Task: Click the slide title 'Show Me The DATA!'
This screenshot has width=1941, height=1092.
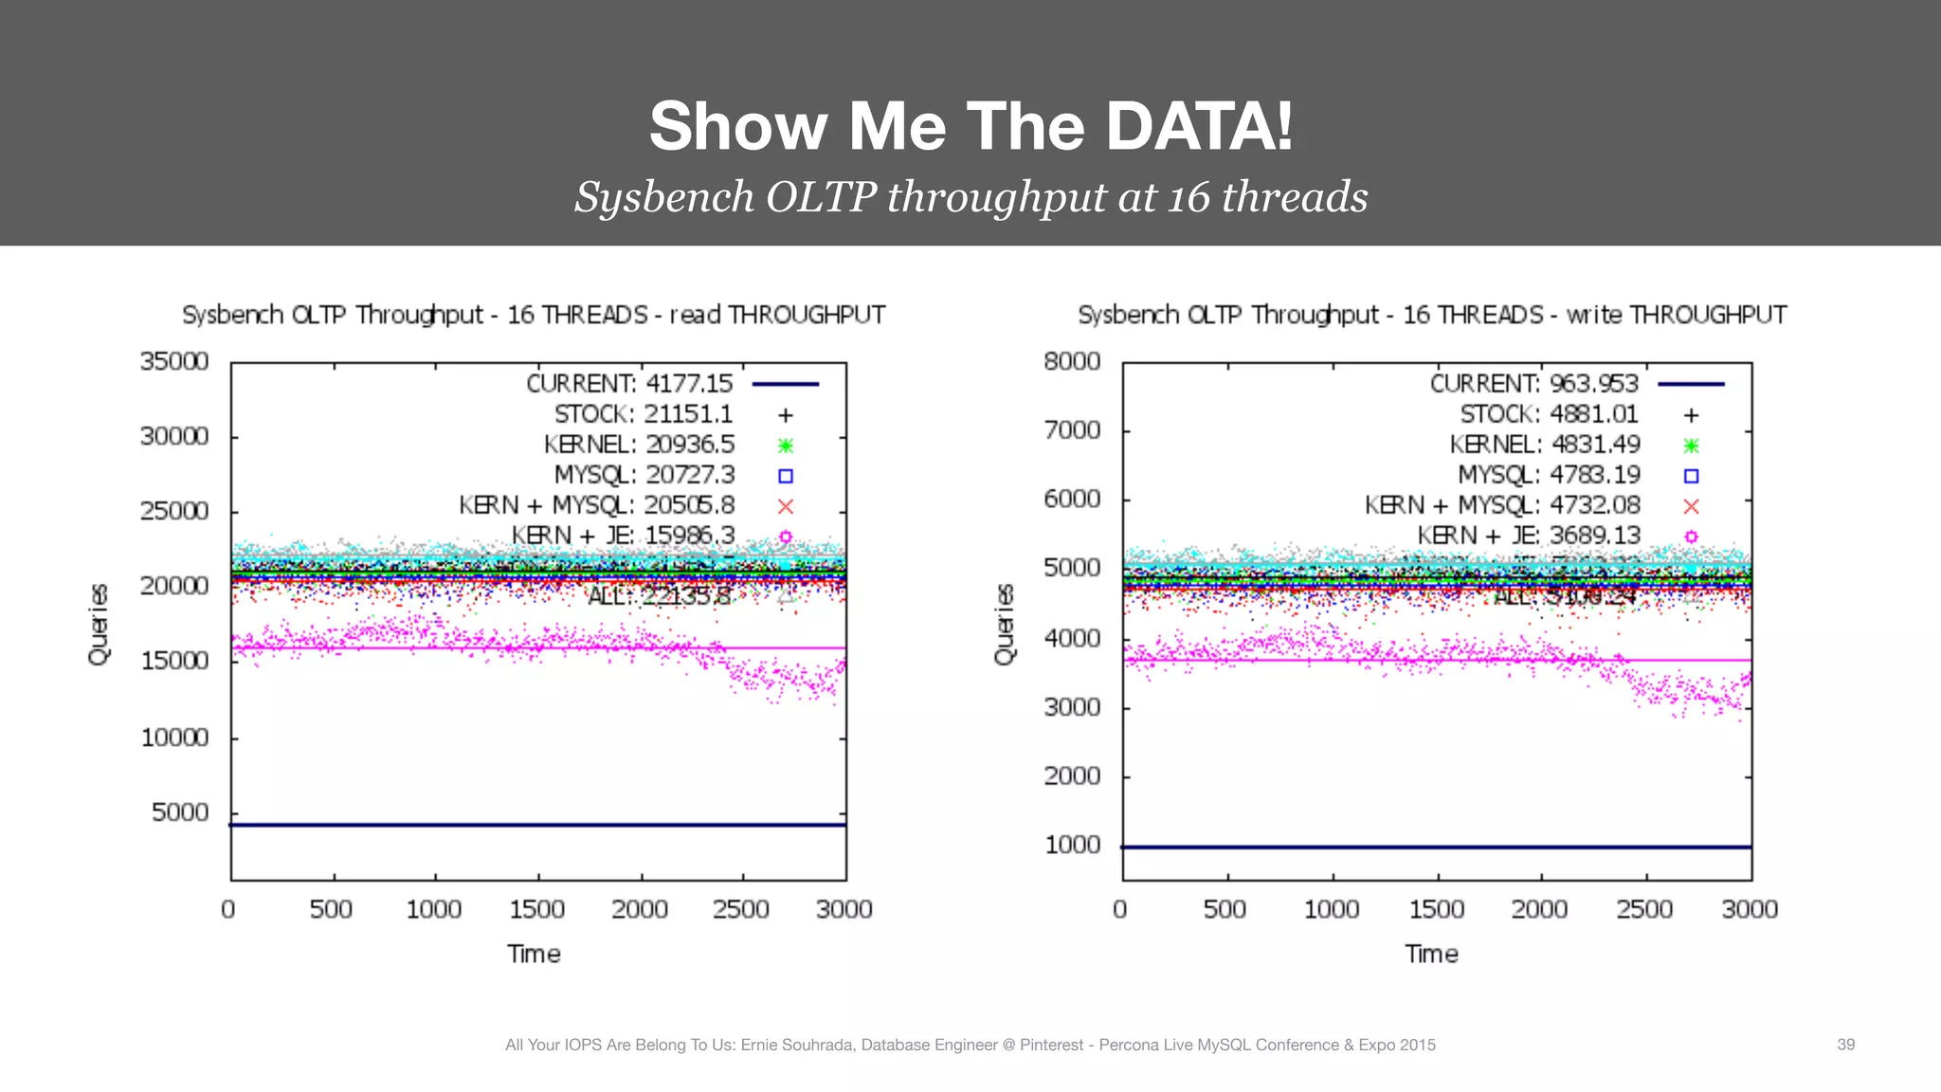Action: tap(970, 126)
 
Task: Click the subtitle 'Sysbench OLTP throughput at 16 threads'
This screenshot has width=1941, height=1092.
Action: tap(970, 197)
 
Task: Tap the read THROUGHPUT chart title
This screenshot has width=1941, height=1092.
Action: tap(534, 315)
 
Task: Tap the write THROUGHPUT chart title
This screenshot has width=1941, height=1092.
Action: tap(1431, 315)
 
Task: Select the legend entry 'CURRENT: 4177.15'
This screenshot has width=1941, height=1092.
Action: tap(629, 384)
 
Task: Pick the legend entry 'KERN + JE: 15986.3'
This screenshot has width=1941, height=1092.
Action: tap(623, 536)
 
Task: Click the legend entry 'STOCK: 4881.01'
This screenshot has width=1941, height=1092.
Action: tap(1549, 414)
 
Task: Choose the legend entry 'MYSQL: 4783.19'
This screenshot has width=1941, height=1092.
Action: tap(1549, 475)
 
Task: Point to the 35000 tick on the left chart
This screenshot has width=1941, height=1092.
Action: tap(174, 361)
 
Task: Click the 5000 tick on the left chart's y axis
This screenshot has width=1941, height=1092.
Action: tap(180, 812)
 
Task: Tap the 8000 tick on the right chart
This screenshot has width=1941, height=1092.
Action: tap(1072, 361)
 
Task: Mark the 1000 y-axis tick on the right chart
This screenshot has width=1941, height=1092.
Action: tap(1072, 845)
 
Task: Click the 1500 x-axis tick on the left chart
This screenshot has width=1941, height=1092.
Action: tap(536, 909)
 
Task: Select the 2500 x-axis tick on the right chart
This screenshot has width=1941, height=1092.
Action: tap(1643, 909)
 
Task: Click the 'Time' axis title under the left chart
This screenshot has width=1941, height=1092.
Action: tap(534, 954)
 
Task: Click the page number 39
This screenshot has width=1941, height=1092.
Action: tap(1845, 1045)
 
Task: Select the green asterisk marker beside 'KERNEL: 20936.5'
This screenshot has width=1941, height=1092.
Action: tap(785, 446)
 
